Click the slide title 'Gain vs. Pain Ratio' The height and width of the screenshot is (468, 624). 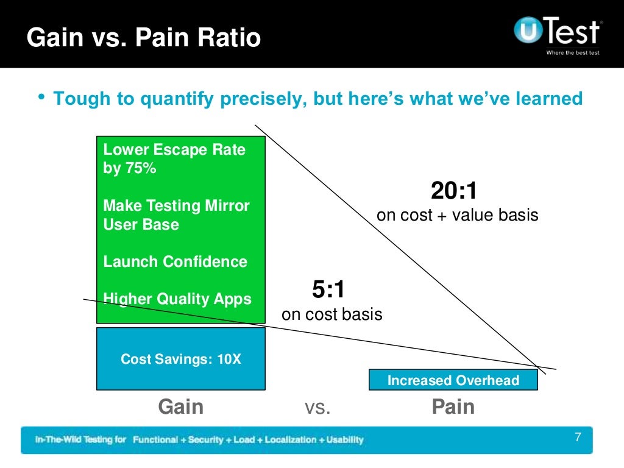(x=144, y=38)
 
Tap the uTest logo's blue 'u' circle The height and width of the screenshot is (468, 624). (x=528, y=30)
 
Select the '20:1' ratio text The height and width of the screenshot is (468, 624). (x=454, y=191)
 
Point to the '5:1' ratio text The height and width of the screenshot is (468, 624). (x=329, y=290)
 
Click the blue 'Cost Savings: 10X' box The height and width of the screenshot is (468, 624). (x=181, y=359)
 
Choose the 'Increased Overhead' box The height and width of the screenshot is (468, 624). (x=453, y=380)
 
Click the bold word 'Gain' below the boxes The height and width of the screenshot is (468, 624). (x=181, y=406)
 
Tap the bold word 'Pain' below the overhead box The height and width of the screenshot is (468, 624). (x=453, y=406)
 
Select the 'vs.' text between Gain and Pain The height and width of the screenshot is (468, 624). (x=317, y=407)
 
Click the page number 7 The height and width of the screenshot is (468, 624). (x=578, y=437)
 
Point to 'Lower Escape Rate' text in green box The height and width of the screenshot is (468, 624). (x=174, y=150)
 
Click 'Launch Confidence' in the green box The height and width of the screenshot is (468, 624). (x=175, y=262)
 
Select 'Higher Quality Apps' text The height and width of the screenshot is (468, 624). (x=177, y=299)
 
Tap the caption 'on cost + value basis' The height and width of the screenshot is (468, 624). (x=457, y=215)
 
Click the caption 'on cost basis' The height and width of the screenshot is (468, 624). (x=331, y=314)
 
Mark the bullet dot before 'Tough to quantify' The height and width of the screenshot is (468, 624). (x=41, y=97)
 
